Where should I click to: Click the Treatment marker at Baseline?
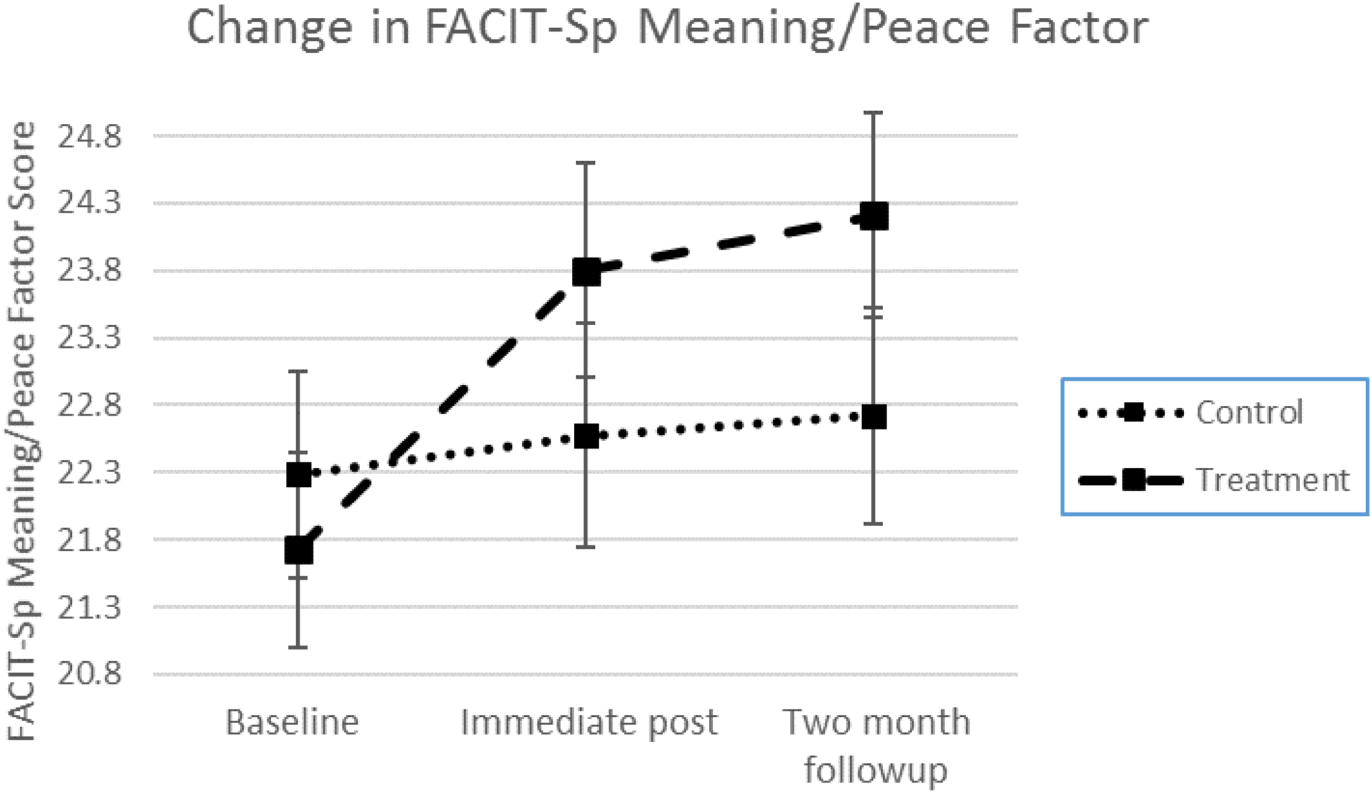click(298, 551)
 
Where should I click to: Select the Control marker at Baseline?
click(298, 474)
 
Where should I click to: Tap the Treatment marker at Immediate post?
click(586, 272)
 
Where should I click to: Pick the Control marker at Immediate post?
click(586, 436)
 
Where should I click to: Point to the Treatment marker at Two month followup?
click(874, 217)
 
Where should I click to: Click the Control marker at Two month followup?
click(874, 416)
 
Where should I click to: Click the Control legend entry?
click(1249, 412)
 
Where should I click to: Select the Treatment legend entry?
click(1272, 480)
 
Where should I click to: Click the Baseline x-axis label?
click(292, 722)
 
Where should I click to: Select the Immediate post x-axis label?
click(589, 722)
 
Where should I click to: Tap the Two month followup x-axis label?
click(876, 746)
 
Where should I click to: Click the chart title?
click(667, 27)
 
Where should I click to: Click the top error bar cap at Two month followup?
click(873, 113)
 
